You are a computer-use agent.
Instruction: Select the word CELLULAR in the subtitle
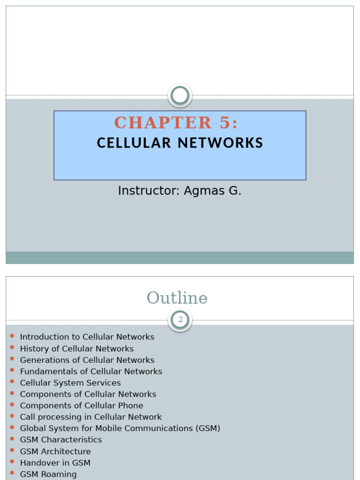(x=134, y=143)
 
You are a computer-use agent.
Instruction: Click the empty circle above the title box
(x=180, y=96)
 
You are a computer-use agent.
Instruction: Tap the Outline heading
(x=177, y=298)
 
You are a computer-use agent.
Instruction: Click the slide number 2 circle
(x=180, y=320)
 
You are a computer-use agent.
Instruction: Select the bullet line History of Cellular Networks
(x=76, y=349)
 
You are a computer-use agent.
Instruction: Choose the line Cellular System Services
(x=70, y=383)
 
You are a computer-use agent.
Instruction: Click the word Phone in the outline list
(x=131, y=405)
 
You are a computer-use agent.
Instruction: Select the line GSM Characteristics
(x=60, y=440)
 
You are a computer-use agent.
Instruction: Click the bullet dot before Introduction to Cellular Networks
(x=12, y=337)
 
